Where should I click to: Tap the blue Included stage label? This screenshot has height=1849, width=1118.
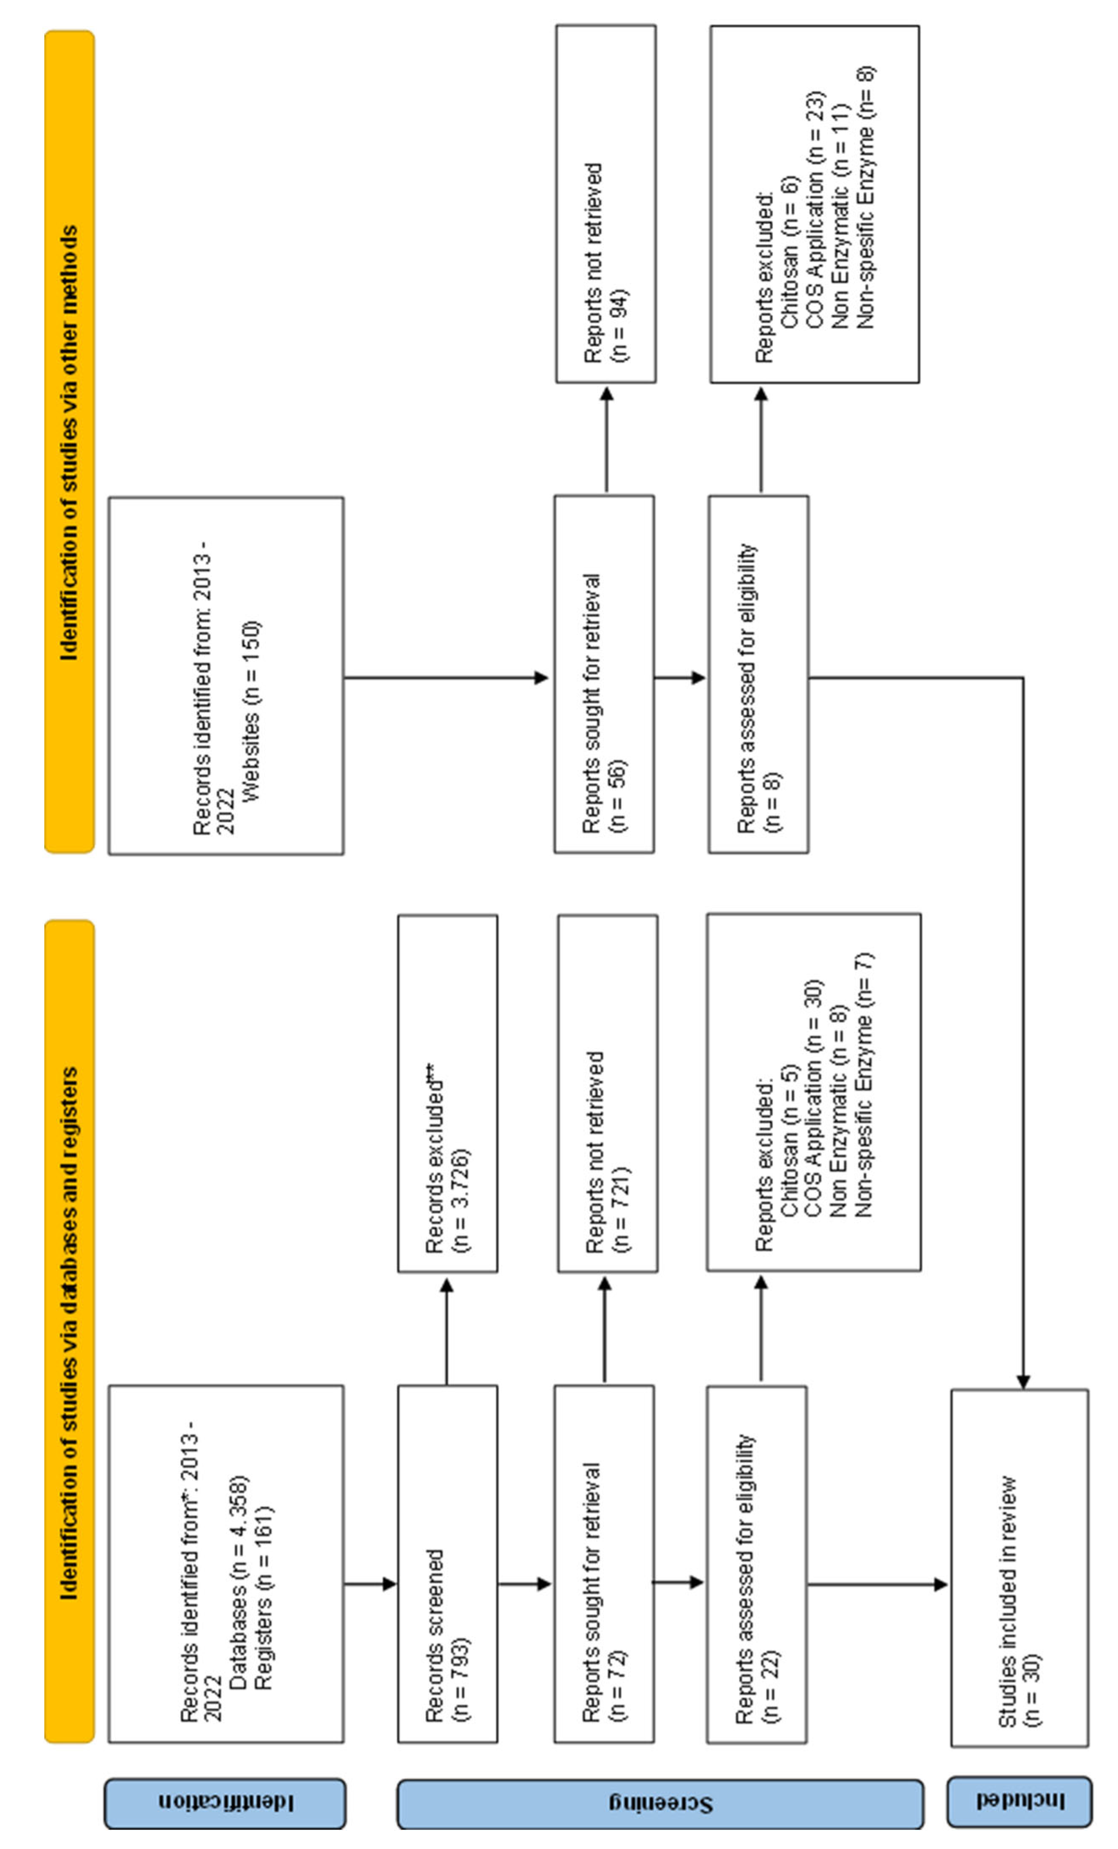(x=1019, y=1801)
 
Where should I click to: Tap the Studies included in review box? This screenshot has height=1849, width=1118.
(x=1019, y=1568)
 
